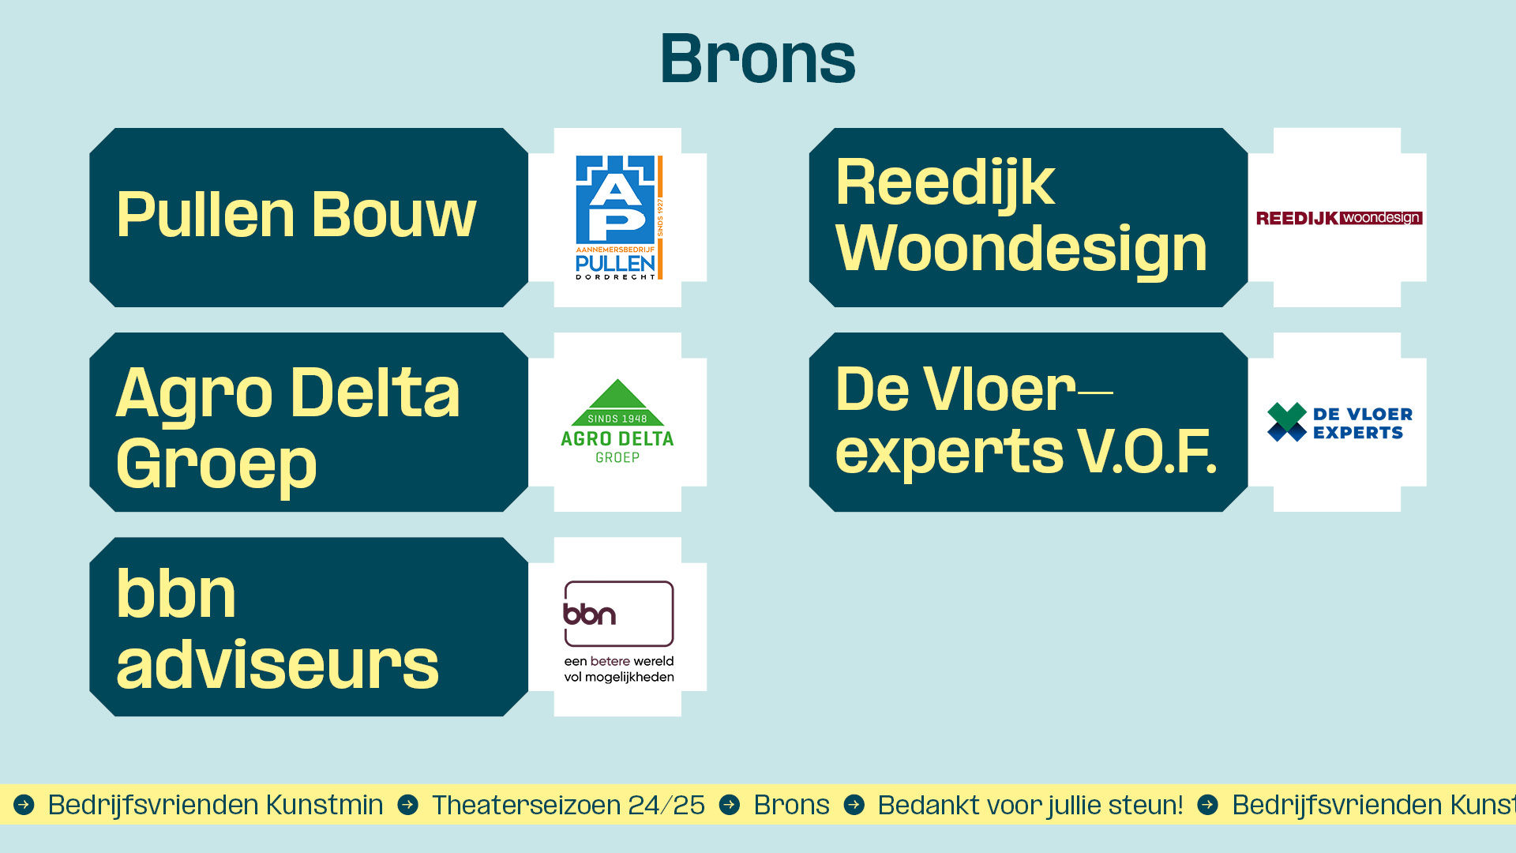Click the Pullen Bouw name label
296,214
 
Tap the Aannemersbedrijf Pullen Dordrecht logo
619,217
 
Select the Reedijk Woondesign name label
1021,215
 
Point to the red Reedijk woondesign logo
1339,218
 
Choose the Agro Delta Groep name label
288,426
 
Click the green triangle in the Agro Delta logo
617,402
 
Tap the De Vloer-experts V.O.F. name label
1026,421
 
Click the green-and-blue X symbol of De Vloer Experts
1286,422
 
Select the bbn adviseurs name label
277,629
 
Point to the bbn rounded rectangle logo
619,614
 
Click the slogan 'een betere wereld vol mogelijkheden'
619,669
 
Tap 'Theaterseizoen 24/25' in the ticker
568,805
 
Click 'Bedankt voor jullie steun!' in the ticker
1030,805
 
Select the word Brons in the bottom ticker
791,805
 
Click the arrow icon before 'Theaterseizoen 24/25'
408,805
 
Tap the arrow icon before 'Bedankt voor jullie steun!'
854,805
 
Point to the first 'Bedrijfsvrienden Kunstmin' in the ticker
216,805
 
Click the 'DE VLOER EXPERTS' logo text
1363,423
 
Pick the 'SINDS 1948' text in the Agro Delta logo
617,419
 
